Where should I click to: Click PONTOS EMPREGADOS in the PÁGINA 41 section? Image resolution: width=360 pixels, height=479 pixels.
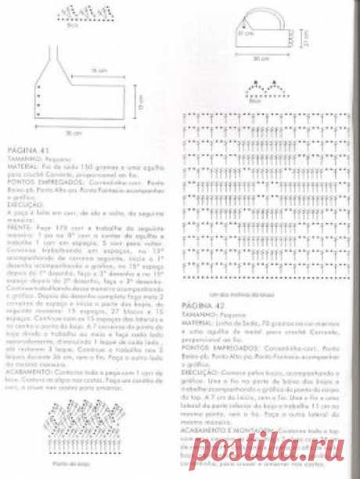[32, 174]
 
